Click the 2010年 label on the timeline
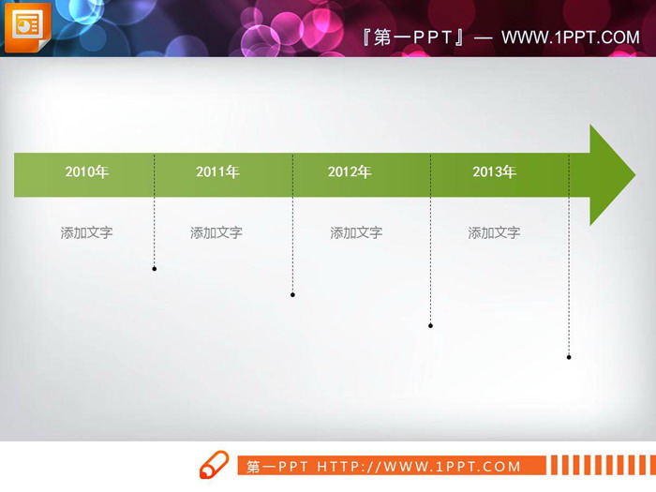click(86, 171)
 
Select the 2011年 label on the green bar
click(217, 171)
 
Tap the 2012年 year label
click(350, 171)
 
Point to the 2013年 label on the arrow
click(494, 171)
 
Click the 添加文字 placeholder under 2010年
click(86, 232)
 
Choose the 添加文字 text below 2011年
click(216, 232)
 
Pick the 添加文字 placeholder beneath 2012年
click(356, 232)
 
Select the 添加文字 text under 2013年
click(494, 232)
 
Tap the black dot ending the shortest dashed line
click(155, 269)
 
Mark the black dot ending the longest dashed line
click(569, 357)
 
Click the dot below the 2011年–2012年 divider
click(292, 295)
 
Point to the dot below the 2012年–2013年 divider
click(430, 326)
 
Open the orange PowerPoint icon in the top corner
click(27, 28)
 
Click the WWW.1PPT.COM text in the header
click(570, 37)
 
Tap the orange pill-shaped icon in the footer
click(215, 464)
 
